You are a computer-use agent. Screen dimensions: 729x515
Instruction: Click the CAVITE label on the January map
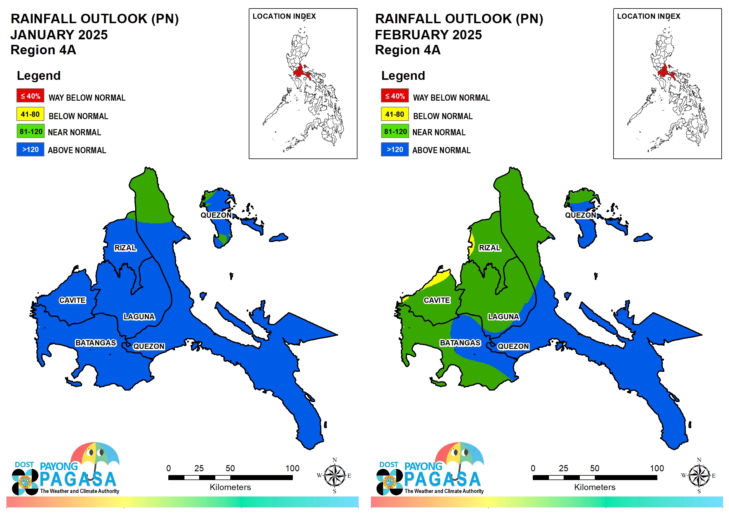tap(72, 300)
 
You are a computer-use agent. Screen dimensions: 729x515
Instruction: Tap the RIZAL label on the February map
tap(490, 247)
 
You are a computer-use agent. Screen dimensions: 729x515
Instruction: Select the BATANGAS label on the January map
tap(95, 343)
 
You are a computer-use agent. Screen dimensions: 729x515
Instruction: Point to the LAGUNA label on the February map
tap(503, 317)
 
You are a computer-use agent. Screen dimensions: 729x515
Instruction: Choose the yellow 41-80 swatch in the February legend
tap(395, 114)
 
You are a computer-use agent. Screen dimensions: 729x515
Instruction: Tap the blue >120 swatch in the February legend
tap(395, 149)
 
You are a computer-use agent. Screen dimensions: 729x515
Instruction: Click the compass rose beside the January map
tap(334, 475)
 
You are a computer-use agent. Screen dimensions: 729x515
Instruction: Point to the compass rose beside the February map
tap(699, 475)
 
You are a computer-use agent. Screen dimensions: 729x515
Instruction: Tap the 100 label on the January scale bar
tap(292, 468)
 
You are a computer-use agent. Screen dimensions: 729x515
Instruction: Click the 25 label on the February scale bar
tap(564, 468)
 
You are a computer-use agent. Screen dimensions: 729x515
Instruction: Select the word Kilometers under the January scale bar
tap(230, 487)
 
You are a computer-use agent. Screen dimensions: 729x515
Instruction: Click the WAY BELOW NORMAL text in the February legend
tap(451, 98)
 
